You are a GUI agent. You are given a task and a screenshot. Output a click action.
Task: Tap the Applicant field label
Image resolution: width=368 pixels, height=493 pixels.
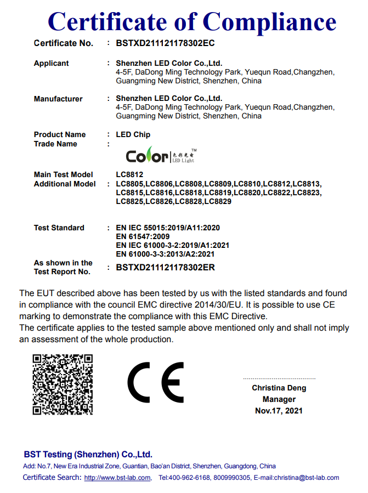coord(52,64)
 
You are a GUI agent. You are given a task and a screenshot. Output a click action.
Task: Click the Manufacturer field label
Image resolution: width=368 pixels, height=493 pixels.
coord(58,99)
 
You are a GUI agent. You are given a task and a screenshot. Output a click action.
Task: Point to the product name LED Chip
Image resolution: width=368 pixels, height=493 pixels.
coord(133,135)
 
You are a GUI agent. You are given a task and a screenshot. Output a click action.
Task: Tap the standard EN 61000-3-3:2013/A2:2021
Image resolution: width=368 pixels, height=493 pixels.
coord(165,254)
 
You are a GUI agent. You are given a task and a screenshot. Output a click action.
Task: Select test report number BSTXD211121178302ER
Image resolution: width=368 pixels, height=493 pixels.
coord(165,268)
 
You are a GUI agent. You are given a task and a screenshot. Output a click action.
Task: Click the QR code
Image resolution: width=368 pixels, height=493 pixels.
coord(63,384)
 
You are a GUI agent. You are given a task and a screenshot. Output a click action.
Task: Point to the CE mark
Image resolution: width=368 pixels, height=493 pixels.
coord(156,383)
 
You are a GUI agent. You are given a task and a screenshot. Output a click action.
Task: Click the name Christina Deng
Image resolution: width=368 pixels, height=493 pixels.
coord(279,388)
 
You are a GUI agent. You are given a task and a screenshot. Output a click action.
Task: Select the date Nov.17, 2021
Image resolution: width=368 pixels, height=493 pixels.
coord(279,411)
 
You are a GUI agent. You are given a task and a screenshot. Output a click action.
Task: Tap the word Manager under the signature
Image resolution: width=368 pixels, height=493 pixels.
coord(279,400)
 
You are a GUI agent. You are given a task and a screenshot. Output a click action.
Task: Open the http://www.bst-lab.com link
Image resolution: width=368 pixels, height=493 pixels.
coord(117,478)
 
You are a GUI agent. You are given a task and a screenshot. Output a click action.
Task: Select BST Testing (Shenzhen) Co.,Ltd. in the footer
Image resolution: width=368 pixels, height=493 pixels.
coord(88,455)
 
